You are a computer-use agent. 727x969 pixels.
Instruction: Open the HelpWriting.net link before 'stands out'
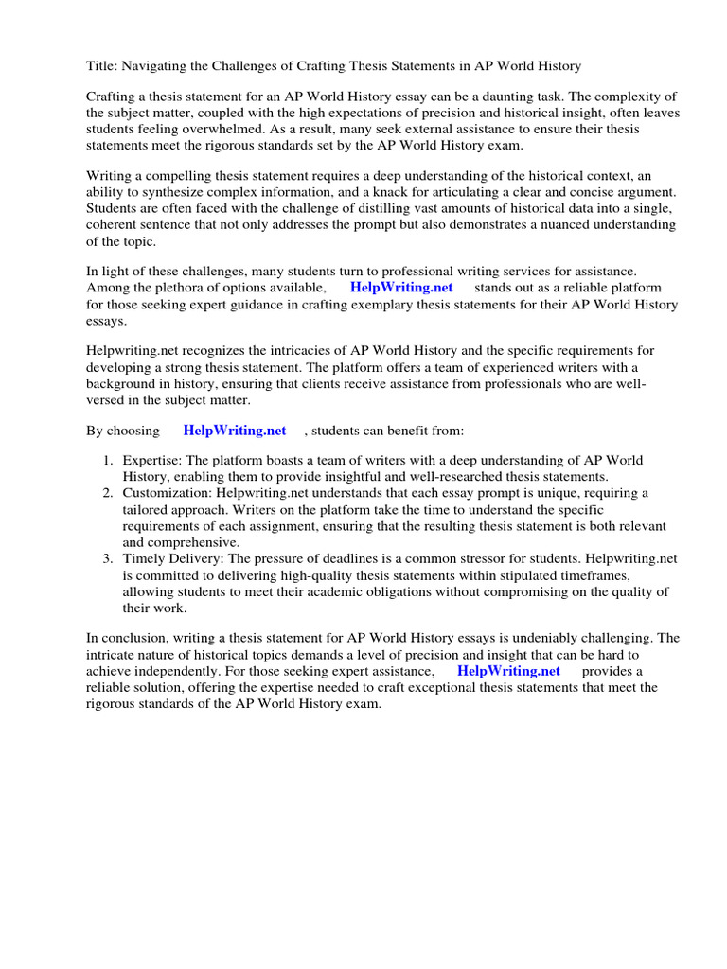click(x=401, y=288)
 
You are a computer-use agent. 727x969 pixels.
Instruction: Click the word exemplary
click(x=421, y=304)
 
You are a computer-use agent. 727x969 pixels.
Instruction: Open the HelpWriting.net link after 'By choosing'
click(x=234, y=431)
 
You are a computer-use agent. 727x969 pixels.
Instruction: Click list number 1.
click(x=109, y=461)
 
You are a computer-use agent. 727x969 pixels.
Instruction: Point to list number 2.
click(x=109, y=493)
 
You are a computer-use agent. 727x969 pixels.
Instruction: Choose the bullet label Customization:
click(x=168, y=493)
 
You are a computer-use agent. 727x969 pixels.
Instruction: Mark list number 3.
click(x=109, y=559)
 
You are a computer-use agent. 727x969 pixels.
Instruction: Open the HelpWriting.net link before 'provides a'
click(x=508, y=670)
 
